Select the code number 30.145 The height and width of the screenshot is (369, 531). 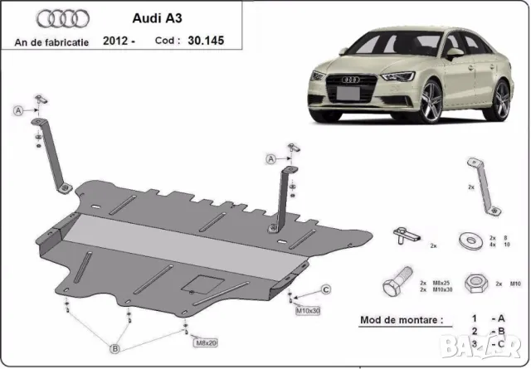pyautogui.click(x=207, y=39)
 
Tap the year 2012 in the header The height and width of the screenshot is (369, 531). pyautogui.click(x=115, y=39)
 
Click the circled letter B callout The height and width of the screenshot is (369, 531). pyautogui.click(x=116, y=349)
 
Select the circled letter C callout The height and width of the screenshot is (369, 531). pyautogui.click(x=326, y=289)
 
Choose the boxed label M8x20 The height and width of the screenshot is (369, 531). pyautogui.click(x=205, y=342)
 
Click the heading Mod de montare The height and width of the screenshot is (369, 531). pyautogui.click(x=402, y=318)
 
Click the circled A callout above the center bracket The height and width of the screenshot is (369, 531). pyautogui.click(x=270, y=159)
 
